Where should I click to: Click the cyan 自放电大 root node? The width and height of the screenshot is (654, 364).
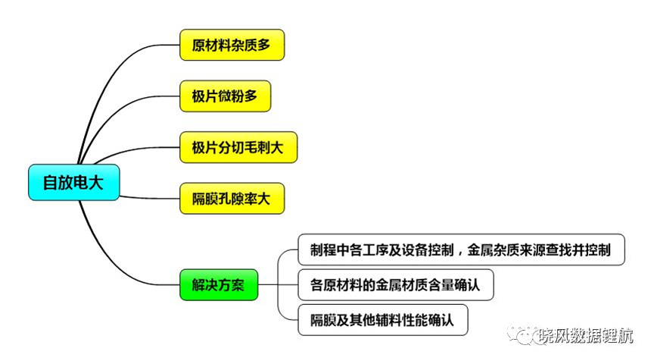pyautogui.click(x=74, y=183)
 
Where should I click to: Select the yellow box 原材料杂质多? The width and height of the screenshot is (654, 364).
pyautogui.click(x=232, y=45)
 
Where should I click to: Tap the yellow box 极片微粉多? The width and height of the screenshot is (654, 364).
pyautogui.click(x=226, y=96)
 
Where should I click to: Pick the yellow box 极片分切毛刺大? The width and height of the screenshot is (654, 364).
pyautogui.click(x=238, y=147)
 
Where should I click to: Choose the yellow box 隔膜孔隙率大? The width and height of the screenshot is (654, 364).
pyautogui.click(x=232, y=199)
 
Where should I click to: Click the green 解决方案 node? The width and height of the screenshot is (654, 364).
pyautogui.click(x=219, y=285)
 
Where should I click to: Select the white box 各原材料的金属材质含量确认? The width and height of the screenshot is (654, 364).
pyautogui.click(x=396, y=285)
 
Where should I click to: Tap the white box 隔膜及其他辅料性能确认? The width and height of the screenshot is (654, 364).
pyautogui.click(x=383, y=320)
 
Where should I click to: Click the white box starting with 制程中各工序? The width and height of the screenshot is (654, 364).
pyautogui.click(x=461, y=250)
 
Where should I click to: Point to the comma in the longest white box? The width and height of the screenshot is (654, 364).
pyautogui.click(x=460, y=253)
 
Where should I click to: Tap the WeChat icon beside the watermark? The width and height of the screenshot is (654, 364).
pyautogui.click(x=522, y=334)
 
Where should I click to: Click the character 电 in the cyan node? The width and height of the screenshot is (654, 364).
pyautogui.click(x=80, y=183)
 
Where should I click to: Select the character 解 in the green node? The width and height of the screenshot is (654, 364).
pyautogui.click(x=198, y=285)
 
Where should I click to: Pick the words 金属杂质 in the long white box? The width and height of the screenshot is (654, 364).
pyautogui.click(x=493, y=250)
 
